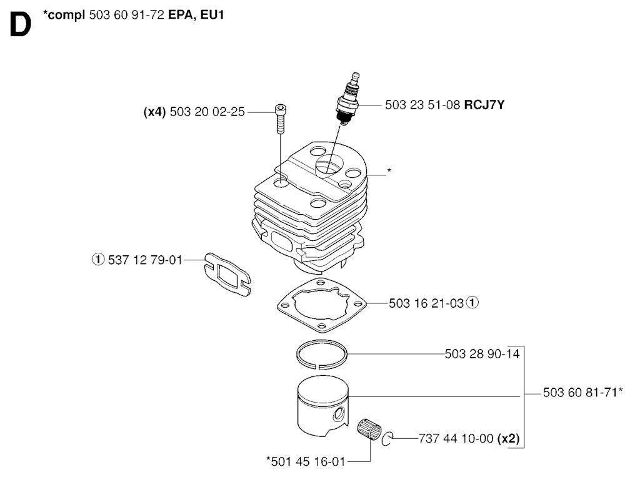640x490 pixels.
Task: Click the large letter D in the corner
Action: point(20,26)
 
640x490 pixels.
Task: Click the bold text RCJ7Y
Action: point(484,105)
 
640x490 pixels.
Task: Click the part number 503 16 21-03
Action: point(426,303)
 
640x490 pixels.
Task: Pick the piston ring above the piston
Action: point(322,355)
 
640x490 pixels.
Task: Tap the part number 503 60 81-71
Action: point(579,393)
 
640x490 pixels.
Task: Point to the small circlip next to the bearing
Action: point(387,438)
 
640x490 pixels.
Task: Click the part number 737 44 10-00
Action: point(456,439)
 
